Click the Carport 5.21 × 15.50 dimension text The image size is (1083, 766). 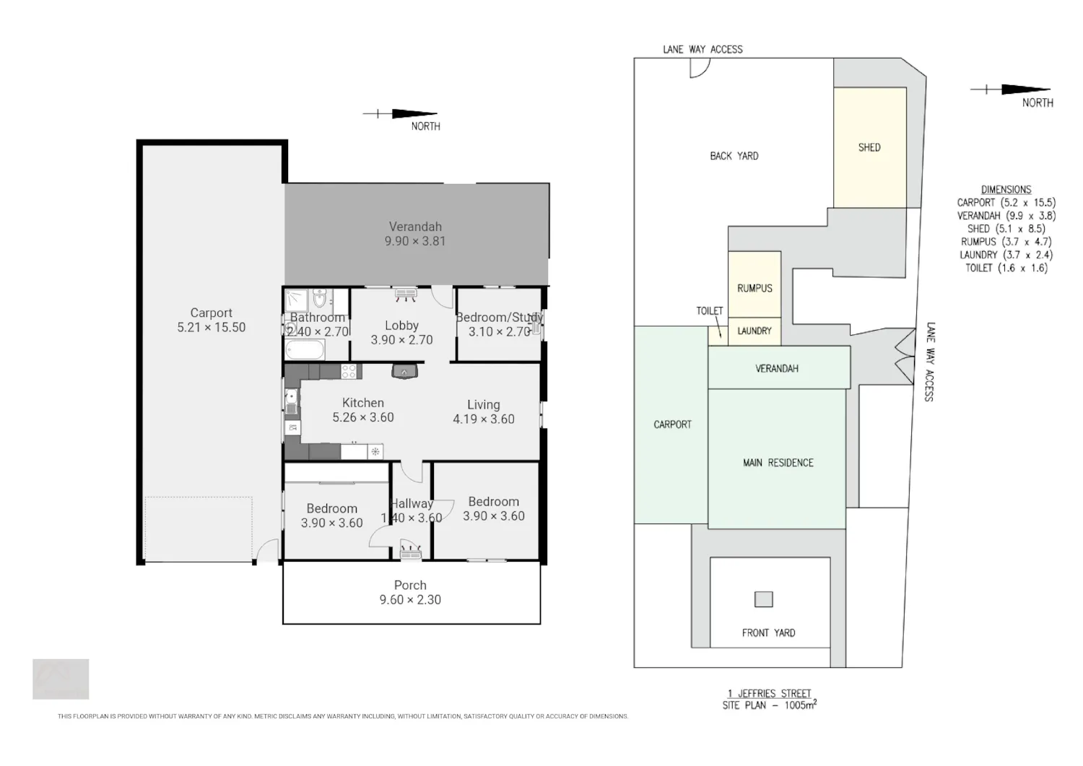click(212, 327)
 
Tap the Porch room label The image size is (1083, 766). click(410, 585)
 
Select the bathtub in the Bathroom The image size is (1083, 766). click(305, 349)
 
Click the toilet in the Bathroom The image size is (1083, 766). click(320, 298)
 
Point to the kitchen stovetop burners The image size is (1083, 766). click(349, 371)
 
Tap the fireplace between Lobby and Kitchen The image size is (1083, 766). click(404, 371)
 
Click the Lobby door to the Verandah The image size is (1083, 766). click(442, 297)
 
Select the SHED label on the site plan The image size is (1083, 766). click(869, 147)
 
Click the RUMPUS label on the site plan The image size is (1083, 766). click(754, 288)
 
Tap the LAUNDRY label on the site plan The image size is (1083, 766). click(754, 331)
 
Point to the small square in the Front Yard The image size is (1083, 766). click(764, 599)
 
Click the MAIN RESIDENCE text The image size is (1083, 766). click(778, 463)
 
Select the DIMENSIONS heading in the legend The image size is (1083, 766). click(1006, 190)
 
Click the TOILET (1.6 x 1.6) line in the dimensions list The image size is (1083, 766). click(1006, 268)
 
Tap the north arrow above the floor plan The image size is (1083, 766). click(400, 114)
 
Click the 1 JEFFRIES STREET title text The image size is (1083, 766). click(769, 694)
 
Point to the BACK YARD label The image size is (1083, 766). click(734, 156)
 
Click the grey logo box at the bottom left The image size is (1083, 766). click(61, 679)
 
